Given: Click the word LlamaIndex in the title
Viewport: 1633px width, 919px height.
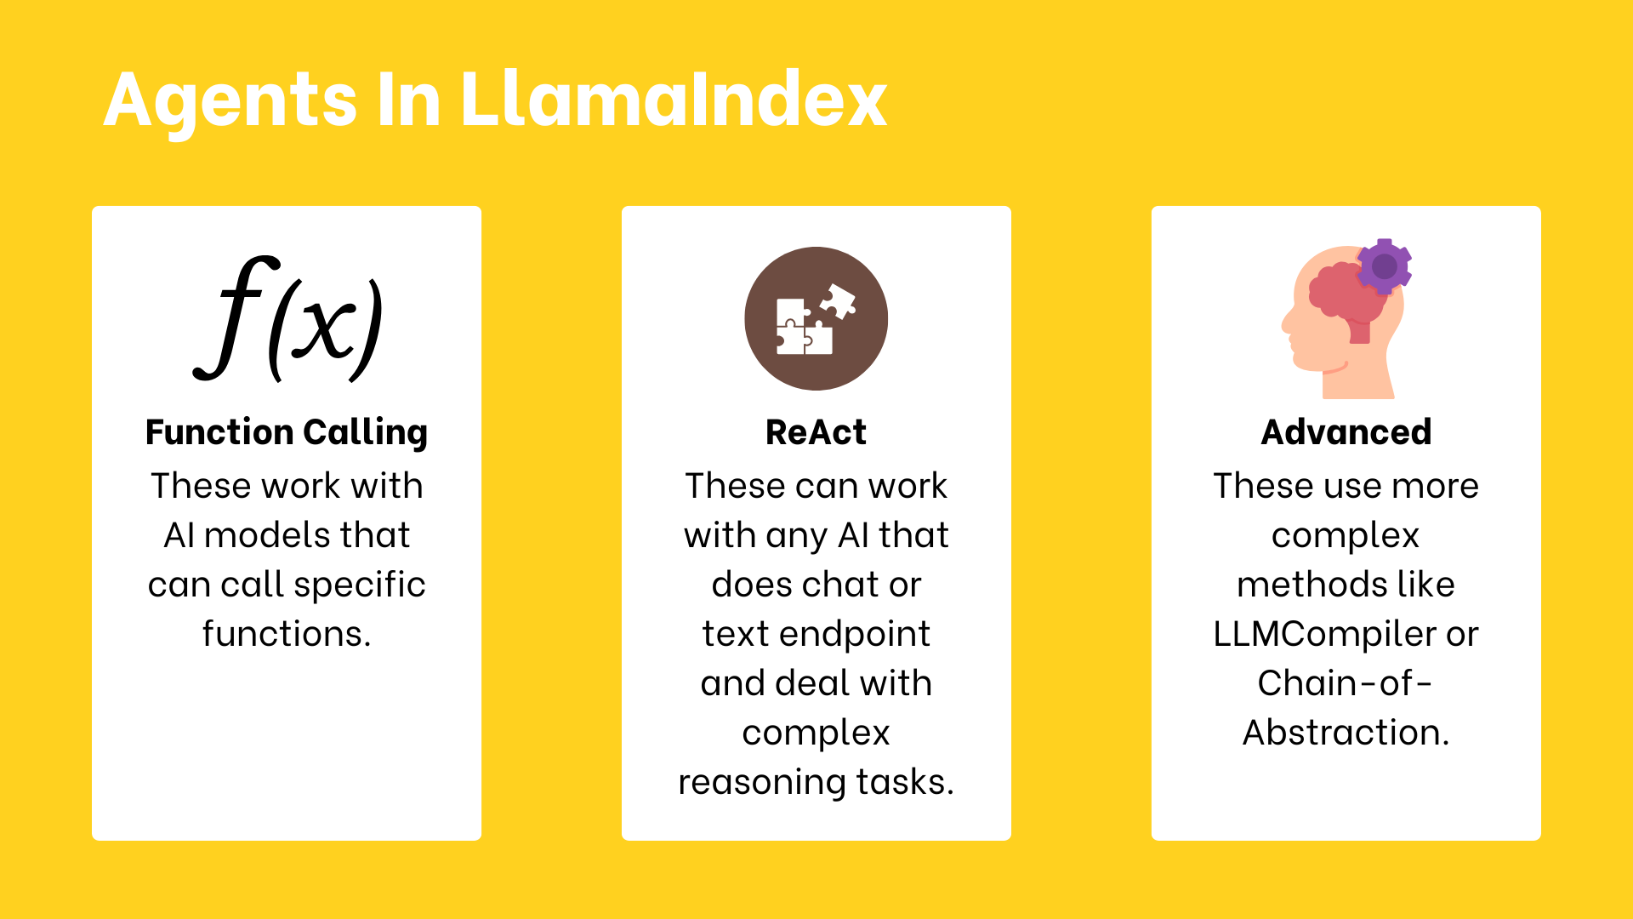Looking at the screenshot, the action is [x=674, y=100].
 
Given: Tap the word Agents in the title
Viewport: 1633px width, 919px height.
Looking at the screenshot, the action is [x=230, y=104].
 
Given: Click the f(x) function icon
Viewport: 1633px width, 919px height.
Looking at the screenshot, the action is [x=287, y=319].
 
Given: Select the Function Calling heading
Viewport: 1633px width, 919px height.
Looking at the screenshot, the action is [x=287, y=433].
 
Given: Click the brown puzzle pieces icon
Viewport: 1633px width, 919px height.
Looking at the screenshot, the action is [x=816, y=318].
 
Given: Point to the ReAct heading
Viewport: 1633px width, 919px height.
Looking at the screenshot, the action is [x=816, y=432].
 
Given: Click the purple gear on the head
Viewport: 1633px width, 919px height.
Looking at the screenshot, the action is [x=1384, y=266].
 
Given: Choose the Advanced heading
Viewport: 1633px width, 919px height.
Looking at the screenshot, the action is [x=1346, y=432].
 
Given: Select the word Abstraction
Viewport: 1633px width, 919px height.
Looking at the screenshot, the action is [x=1346, y=733].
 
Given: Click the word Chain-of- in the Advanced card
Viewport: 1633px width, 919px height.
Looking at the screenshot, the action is [x=1346, y=683].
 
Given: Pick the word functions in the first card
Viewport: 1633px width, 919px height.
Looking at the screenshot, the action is [x=287, y=634].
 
